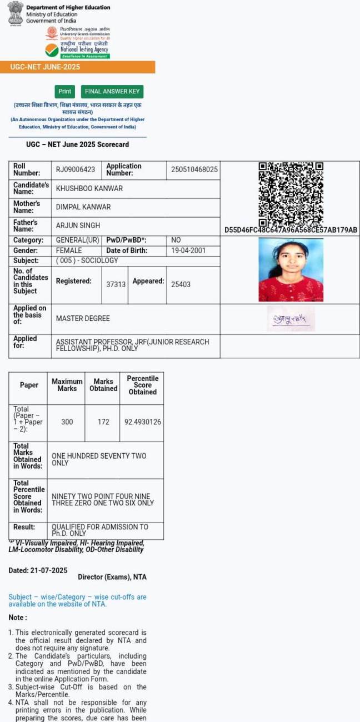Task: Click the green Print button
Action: tap(65, 92)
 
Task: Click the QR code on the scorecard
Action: tap(291, 193)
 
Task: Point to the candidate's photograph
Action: tap(291, 270)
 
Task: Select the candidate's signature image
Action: tap(291, 319)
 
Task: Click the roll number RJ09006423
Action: tap(76, 169)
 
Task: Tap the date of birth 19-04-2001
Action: tap(188, 250)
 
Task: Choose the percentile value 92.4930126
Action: tap(143, 422)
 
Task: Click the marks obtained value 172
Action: tap(103, 422)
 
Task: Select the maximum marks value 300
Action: tap(67, 422)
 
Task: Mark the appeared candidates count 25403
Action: tap(181, 284)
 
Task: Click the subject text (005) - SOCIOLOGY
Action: tap(87, 260)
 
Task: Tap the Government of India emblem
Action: tap(15, 12)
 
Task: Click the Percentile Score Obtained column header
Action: tap(143, 385)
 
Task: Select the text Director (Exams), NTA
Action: tap(112, 577)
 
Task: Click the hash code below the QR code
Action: tap(291, 230)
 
